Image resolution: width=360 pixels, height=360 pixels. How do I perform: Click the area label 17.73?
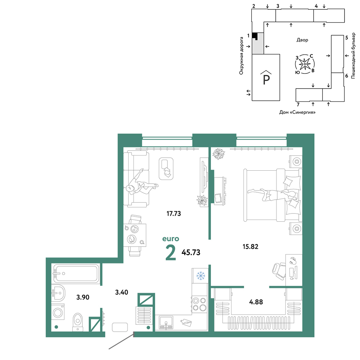[x=174, y=213]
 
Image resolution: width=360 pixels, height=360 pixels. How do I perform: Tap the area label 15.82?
[x=250, y=247]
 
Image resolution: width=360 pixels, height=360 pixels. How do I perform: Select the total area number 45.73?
[x=191, y=252]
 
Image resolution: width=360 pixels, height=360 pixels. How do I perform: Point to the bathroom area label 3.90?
[x=83, y=297]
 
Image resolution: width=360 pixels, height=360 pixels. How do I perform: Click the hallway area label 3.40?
[x=121, y=292]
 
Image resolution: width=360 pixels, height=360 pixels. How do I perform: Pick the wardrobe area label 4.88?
[x=256, y=302]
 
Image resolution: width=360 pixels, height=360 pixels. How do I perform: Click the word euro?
[x=171, y=239]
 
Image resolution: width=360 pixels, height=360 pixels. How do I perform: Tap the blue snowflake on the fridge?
[x=201, y=275]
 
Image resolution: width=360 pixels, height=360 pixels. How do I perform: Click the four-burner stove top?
[x=199, y=304]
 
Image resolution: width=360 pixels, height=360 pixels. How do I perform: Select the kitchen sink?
[x=166, y=323]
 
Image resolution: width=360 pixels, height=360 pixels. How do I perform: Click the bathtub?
[x=76, y=274]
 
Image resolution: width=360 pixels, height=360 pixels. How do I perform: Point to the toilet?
[x=78, y=322]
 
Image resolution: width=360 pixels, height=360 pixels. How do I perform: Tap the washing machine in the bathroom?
[x=58, y=311]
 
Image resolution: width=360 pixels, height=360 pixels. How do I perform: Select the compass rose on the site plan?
[x=305, y=64]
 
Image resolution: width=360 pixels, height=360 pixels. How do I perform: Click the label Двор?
[x=302, y=40]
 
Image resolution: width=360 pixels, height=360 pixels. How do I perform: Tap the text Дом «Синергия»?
[x=297, y=112]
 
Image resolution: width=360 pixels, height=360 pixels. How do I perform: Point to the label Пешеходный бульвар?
[x=353, y=55]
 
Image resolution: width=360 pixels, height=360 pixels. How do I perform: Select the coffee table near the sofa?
[x=166, y=169]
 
